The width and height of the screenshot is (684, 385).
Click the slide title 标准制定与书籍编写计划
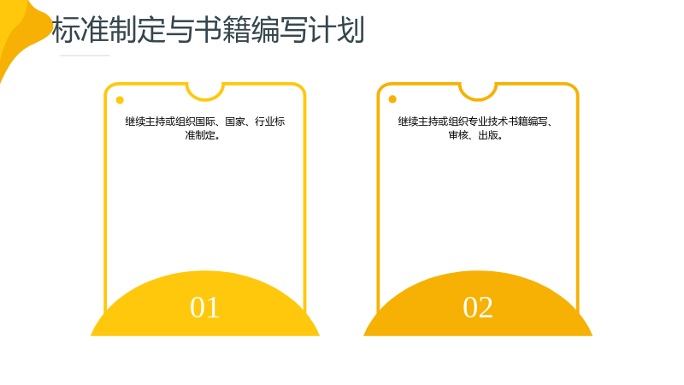click(208, 30)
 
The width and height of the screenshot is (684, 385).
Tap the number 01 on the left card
click(204, 307)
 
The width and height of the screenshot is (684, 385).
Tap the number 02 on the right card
click(478, 307)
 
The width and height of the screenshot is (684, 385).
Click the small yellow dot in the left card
click(120, 100)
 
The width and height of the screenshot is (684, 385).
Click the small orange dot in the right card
click(392, 99)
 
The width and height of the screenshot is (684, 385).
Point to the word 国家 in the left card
click(235, 121)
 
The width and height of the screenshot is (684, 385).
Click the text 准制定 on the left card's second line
click(200, 135)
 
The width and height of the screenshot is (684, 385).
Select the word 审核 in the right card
click(458, 135)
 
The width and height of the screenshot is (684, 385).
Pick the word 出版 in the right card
click(488, 135)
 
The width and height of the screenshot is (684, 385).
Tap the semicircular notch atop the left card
click(205, 99)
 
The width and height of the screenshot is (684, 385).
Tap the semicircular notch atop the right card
click(478, 99)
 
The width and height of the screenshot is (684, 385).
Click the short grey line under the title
click(85, 56)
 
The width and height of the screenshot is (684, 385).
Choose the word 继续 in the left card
click(135, 121)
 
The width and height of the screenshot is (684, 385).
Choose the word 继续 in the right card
click(408, 121)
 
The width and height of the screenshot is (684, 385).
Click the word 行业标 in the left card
click(270, 121)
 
